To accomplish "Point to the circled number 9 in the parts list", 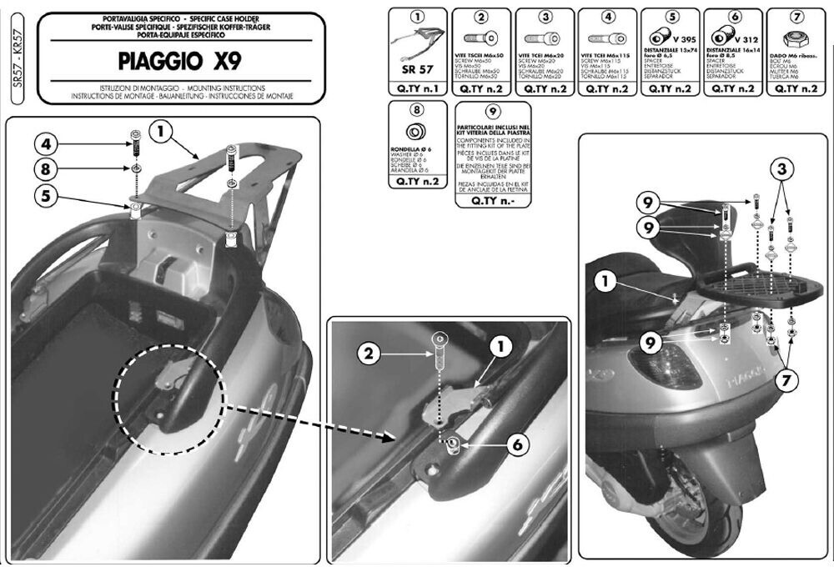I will click(492, 111).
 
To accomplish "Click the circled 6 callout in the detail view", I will click(516, 446).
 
